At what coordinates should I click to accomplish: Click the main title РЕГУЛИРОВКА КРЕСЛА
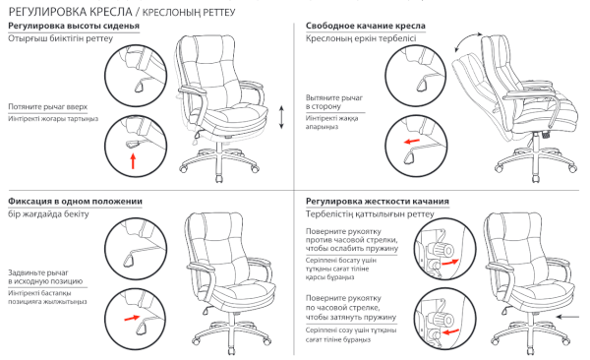click(70, 12)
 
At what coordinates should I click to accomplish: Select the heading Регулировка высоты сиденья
click(74, 26)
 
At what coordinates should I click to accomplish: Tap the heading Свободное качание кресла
click(366, 26)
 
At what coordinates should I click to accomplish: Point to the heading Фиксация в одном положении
click(76, 202)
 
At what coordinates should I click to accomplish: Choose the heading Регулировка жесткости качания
click(378, 202)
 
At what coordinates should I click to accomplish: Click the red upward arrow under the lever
click(133, 161)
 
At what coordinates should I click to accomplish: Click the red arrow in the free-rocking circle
click(412, 142)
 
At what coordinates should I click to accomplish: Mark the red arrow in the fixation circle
click(132, 318)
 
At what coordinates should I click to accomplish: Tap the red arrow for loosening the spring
click(450, 262)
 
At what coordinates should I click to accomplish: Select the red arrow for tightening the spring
click(450, 332)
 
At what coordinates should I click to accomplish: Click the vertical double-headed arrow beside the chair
click(281, 117)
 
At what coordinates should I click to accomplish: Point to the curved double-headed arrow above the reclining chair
click(467, 40)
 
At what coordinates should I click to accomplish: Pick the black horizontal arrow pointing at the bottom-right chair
click(567, 317)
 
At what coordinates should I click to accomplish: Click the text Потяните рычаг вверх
click(48, 107)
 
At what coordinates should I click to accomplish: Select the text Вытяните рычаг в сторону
click(334, 102)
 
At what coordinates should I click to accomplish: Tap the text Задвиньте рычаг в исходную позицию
click(45, 276)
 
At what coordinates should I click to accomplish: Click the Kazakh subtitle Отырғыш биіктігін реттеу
click(61, 38)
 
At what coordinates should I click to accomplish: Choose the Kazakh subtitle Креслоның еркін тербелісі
click(361, 38)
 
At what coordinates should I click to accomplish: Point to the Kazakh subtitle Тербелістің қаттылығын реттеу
click(370, 214)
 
